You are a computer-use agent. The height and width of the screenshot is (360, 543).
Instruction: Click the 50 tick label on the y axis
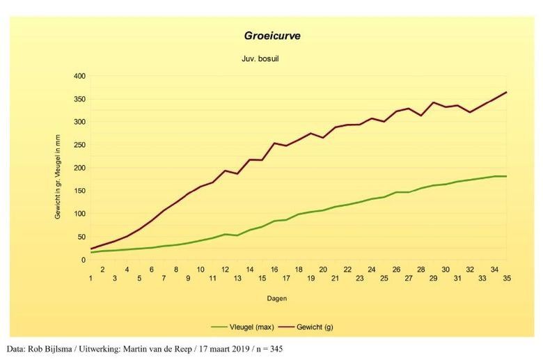click(x=81, y=237)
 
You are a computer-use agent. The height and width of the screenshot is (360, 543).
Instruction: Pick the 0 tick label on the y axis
click(x=83, y=260)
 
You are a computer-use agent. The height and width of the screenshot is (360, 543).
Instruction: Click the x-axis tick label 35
click(x=507, y=278)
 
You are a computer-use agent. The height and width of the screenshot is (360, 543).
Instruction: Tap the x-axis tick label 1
click(x=90, y=278)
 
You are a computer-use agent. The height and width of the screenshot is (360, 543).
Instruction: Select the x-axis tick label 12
click(x=225, y=269)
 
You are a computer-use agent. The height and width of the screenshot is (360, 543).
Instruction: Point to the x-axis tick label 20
click(x=323, y=269)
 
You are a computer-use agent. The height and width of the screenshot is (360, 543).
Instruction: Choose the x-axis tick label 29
click(x=433, y=278)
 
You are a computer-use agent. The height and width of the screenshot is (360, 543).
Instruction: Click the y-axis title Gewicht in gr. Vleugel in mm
click(x=58, y=168)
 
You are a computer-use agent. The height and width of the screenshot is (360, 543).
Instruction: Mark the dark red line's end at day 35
click(x=506, y=92)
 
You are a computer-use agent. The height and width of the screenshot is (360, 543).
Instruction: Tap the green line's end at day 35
click(x=506, y=176)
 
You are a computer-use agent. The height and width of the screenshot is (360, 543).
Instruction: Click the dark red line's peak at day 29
click(x=433, y=102)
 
